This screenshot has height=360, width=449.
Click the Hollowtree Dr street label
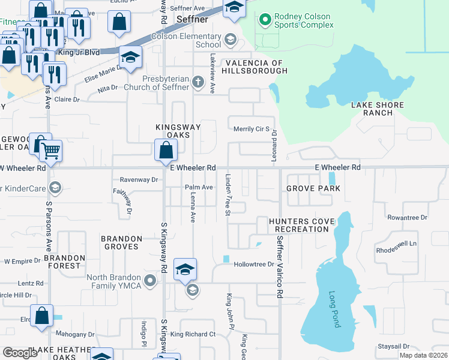pos(253,264)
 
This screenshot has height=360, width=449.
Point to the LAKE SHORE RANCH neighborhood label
pos(378,109)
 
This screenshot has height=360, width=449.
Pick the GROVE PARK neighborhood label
pos(313,188)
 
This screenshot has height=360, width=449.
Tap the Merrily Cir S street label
pos(252,129)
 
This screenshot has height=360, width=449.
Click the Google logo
pos(19,353)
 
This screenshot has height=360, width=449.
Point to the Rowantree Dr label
pos(407,217)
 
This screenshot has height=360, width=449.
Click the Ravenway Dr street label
pos(139,179)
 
